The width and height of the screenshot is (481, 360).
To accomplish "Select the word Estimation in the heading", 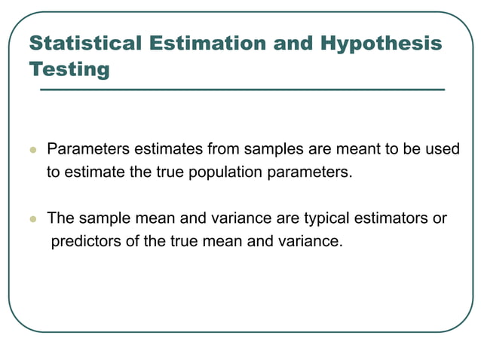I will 203,43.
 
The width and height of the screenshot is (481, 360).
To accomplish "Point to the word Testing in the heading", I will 69,69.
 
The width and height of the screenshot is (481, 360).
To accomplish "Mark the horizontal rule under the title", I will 241,90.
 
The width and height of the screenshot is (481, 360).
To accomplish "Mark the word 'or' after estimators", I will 440,219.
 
